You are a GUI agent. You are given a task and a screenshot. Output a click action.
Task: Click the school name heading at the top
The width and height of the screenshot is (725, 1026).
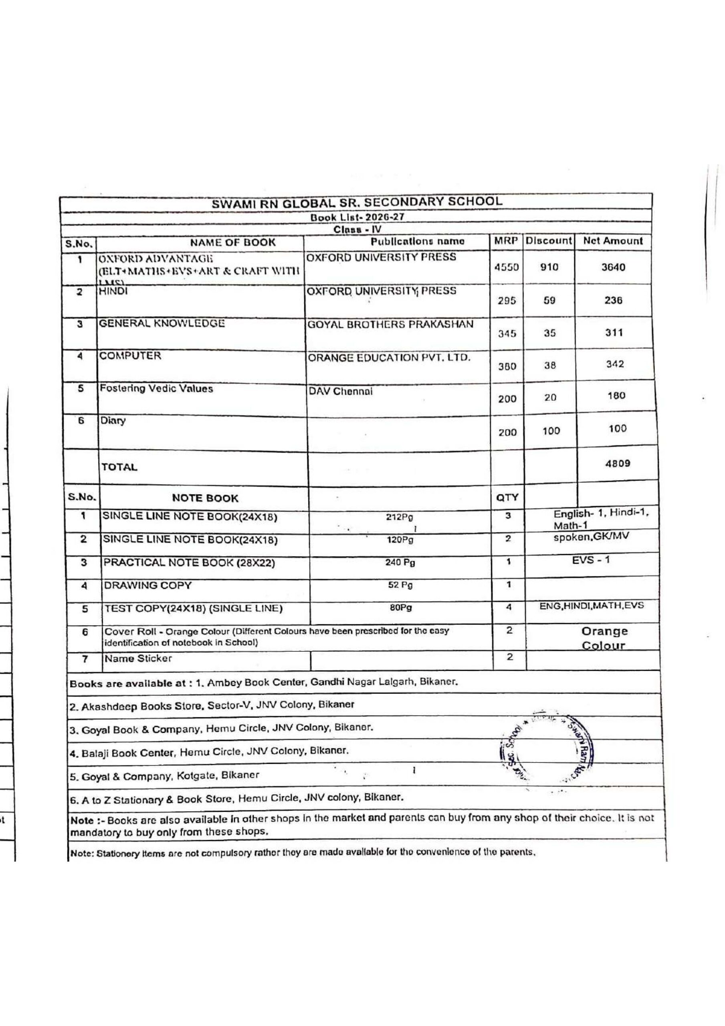357,202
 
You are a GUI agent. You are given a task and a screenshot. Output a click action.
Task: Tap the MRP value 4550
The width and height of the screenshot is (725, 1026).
507,268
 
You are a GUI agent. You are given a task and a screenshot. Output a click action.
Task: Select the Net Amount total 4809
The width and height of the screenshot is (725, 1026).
617,463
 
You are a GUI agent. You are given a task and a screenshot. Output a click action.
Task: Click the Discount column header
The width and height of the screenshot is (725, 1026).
548,241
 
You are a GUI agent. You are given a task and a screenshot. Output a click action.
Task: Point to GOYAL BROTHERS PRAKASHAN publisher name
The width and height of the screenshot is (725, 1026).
390,324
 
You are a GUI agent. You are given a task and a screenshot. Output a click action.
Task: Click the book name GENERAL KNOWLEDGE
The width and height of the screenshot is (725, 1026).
162,324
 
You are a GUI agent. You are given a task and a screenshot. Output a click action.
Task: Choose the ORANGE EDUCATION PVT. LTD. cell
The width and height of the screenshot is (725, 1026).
389,358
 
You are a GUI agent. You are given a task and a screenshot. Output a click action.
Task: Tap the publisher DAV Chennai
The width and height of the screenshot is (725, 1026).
340,392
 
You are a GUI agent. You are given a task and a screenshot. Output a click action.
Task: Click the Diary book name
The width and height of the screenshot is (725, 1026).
113,420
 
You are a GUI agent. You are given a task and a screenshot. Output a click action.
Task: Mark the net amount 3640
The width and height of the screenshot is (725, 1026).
613,268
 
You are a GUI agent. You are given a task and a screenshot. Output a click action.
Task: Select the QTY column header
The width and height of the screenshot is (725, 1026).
507,497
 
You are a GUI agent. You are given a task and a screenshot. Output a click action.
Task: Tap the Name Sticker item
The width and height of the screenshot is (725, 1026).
138,658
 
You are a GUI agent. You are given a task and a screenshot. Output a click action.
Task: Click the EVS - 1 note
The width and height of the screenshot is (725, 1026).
590,560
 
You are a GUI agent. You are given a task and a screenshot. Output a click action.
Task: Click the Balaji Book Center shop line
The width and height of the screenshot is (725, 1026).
209,751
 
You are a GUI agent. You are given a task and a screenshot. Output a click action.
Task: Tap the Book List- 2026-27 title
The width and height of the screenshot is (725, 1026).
357,218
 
